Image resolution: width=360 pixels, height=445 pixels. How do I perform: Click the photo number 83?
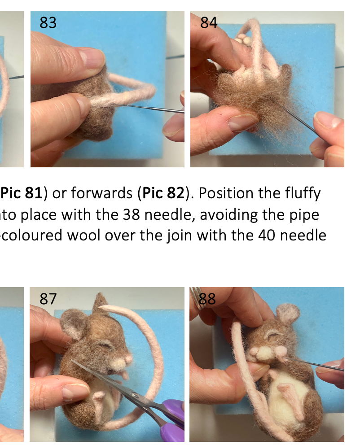pyautogui.click(x=48, y=22)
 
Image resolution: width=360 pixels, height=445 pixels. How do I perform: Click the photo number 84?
pyautogui.click(x=209, y=22)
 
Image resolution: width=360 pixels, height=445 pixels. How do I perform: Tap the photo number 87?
pyautogui.click(x=48, y=298)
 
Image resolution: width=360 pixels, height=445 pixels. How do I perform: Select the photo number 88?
pyautogui.click(x=207, y=298)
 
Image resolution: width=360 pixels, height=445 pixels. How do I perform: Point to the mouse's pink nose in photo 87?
pyautogui.click(x=127, y=359)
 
